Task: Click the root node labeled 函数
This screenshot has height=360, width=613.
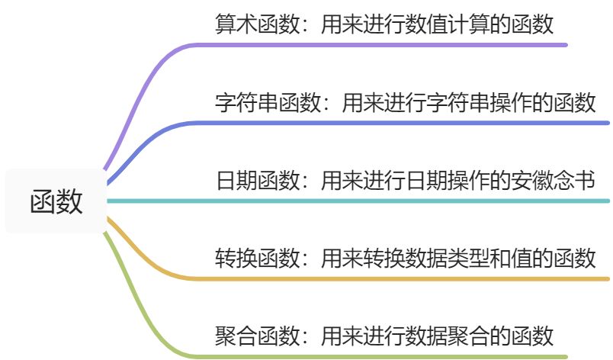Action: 56,202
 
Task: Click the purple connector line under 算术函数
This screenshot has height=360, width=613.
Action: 381,45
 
